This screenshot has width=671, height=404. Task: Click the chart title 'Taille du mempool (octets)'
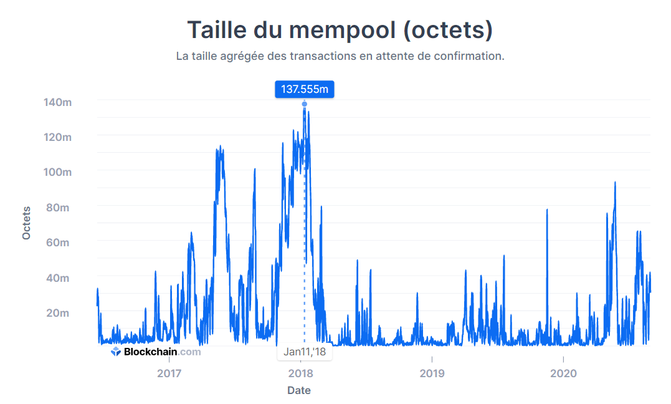340,30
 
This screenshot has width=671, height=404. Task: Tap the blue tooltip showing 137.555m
304,89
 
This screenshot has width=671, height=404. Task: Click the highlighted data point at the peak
304,104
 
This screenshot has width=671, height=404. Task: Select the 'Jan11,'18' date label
304,352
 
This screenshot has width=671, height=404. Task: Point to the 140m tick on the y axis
57,102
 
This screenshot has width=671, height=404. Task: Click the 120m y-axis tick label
57,137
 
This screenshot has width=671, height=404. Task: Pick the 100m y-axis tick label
57,172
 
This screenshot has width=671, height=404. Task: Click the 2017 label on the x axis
169,373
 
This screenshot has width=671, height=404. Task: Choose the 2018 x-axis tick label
300,373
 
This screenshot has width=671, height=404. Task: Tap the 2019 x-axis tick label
432,373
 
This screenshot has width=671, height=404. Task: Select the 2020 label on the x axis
563,373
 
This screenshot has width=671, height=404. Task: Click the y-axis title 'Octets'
26,223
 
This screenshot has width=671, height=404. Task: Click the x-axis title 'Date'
299,391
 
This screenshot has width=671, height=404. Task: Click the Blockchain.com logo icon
116,352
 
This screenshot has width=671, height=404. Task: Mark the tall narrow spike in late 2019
547,212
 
